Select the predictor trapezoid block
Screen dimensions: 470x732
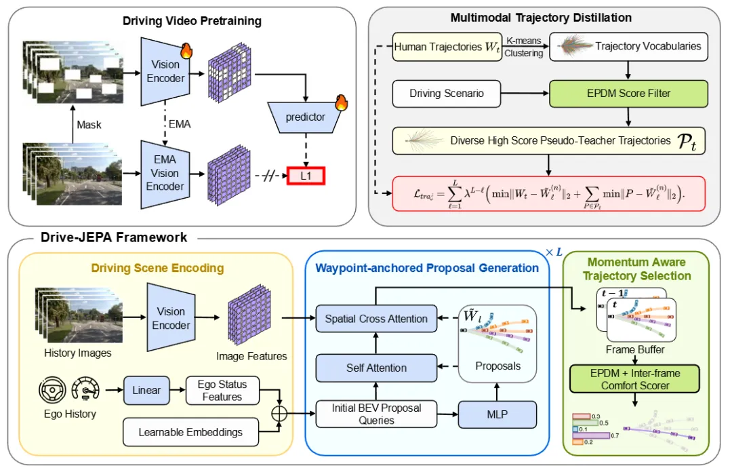tap(305, 117)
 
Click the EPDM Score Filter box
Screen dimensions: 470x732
tap(629, 93)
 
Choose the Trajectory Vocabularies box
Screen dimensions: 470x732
tap(630, 47)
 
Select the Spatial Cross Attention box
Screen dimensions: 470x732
tap(376, 318)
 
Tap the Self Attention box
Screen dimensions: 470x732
tap(376, 368)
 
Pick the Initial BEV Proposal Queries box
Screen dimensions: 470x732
tap(376, 414)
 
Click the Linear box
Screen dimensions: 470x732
tap(146, 390)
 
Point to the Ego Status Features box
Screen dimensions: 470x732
tap(222, 390)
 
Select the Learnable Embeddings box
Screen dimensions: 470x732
tap(190, 432)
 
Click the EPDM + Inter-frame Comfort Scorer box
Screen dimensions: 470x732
tap(634, 380)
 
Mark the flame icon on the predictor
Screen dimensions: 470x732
tap(340, 103)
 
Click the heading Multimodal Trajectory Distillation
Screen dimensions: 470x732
tap(540, 17)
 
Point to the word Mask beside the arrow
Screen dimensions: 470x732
tap(88, 125)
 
